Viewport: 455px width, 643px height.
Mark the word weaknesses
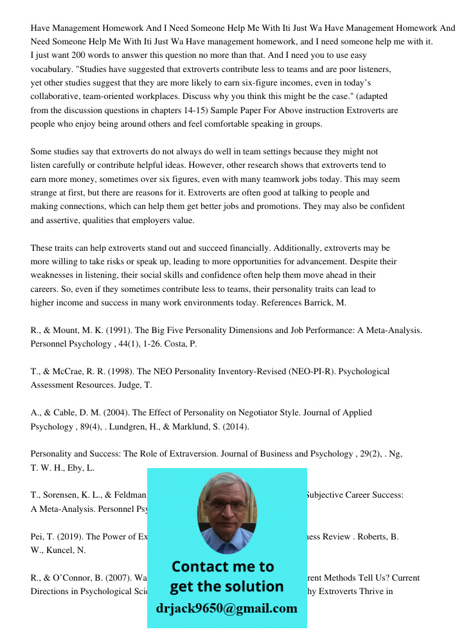[x=53, y=275]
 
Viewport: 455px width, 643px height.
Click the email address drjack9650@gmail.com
[x=227, y=608]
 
